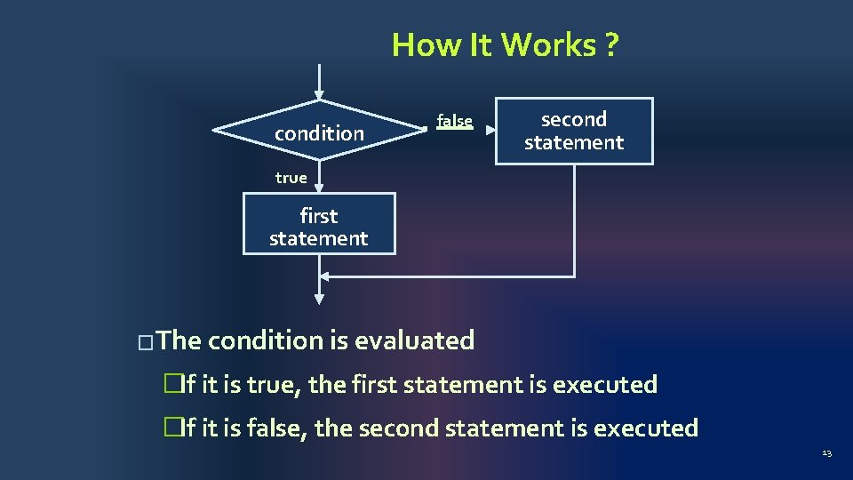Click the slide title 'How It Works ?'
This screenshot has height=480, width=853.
[505, 44]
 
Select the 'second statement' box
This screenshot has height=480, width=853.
[574, 131]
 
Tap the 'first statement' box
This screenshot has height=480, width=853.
[319, 227]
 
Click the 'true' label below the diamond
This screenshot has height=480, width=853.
[291, 178]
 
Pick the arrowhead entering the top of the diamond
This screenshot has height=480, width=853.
[319, 95]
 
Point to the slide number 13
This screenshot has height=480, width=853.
[826, 453]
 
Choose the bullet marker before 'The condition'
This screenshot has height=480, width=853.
[146, 341]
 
